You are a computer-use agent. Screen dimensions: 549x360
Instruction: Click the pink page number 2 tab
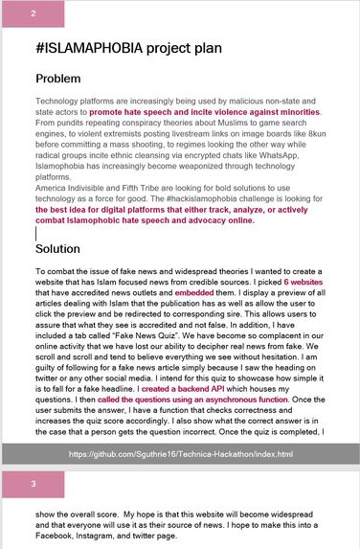tap(34, 13)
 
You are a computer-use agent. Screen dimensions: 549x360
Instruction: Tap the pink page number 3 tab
tap(34, 484)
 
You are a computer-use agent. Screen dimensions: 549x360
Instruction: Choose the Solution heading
tap(64, 248)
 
